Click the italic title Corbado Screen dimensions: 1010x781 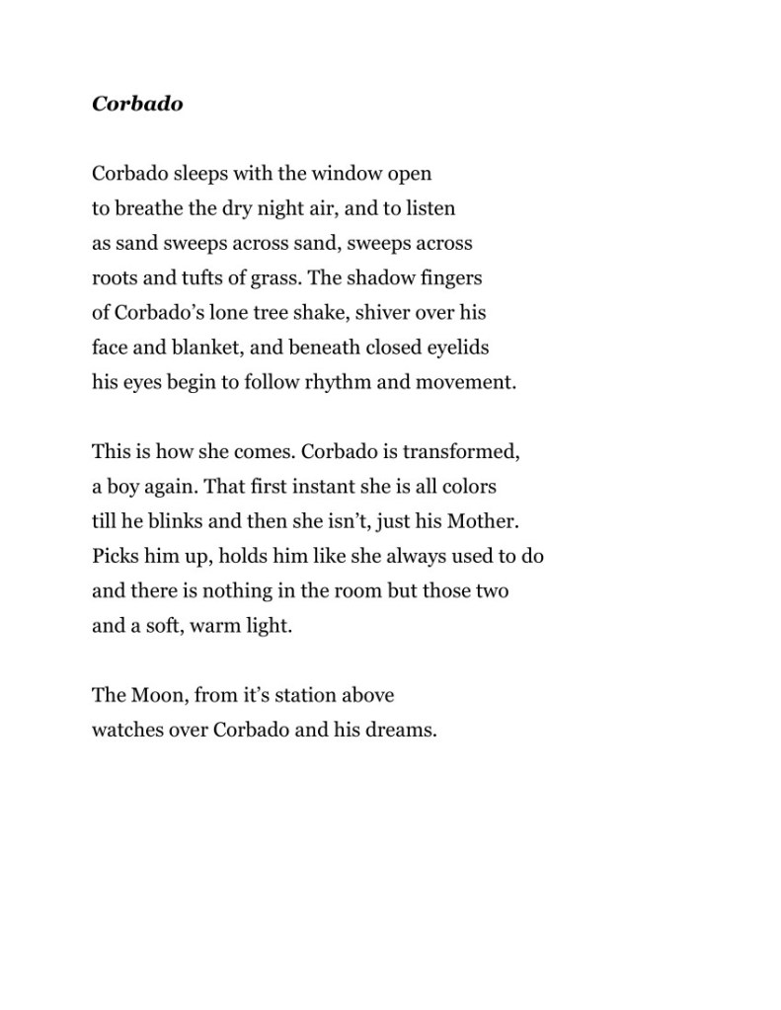pyautogui.click(x=137, y=104)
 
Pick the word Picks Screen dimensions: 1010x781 pyautogui.click(x=115, y=555)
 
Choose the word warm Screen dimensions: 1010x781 pyautogui.click(x=222, y=625)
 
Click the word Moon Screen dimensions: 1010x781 pyautogui.click(x=156, y=694)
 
